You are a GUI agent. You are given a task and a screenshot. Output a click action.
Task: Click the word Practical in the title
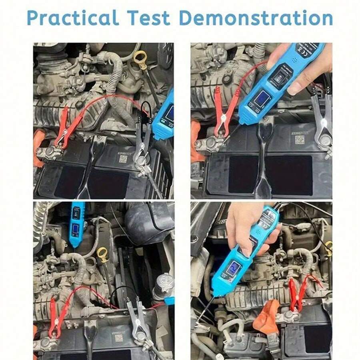(x=73, y=18)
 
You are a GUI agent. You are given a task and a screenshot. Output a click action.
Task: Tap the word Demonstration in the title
(x=256, y=18)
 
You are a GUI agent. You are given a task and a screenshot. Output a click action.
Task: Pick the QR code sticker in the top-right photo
(x=299, y=140)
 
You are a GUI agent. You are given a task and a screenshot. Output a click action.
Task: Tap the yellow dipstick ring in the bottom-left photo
(x=103, y=253)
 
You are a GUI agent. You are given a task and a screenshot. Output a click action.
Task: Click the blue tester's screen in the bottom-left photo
(x=75, y=230)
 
